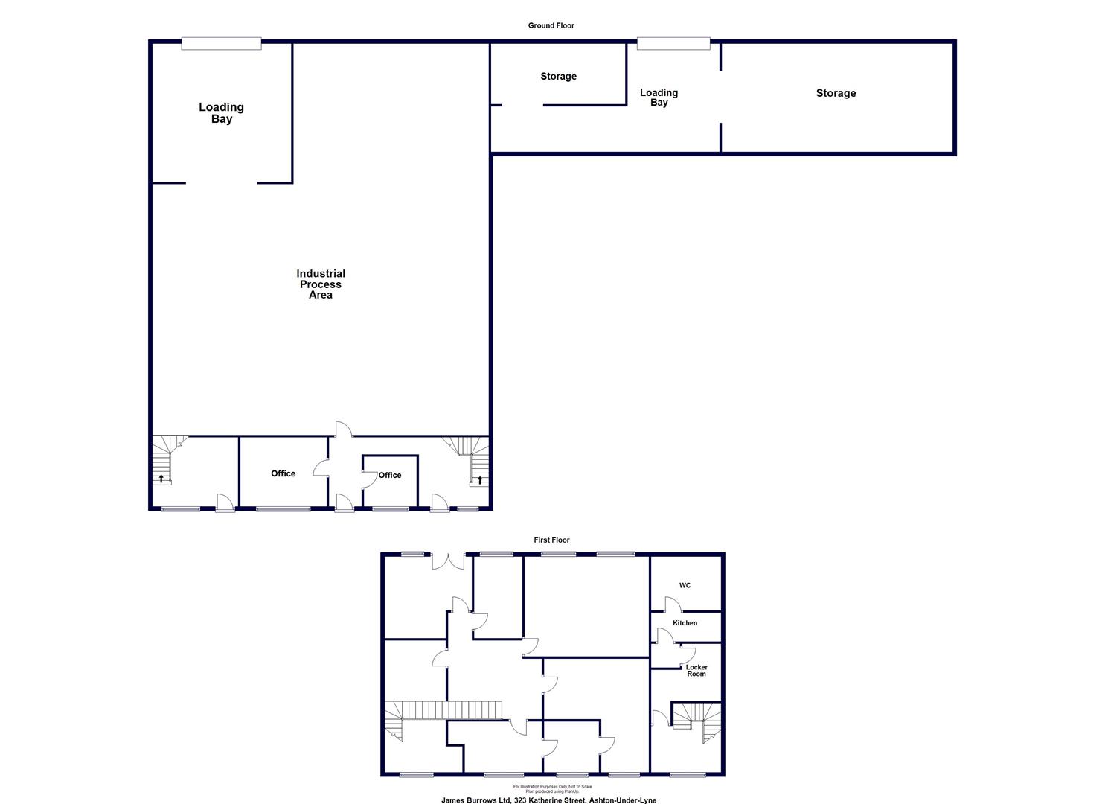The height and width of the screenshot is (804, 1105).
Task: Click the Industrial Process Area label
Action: tap(321, 284)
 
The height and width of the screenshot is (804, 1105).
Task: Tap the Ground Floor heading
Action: tap(551, 25)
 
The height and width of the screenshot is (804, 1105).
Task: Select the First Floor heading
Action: tap(551, 540)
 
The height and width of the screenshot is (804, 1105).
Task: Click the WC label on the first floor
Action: tap(685, 585)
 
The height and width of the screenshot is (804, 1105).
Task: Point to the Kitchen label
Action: tap(685, 623)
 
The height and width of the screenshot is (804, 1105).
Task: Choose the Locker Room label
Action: tap(696, 671)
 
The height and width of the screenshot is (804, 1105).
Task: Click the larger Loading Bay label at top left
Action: tap(221, 113)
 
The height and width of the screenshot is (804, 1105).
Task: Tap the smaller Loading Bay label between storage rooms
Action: tap(659, 98)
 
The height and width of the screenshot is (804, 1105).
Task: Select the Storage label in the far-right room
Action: tap(836, 93)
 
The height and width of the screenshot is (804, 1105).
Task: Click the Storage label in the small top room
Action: tap(558, 76)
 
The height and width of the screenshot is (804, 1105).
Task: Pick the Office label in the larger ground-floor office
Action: tap(283, 473)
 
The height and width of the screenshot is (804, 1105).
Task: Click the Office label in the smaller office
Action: tap(389, 475)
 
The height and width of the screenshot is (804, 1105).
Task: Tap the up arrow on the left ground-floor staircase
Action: tap(161, 478)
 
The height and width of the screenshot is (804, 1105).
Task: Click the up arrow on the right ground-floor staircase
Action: tap(480, 479)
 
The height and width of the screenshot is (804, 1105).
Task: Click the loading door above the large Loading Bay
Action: tap(221, 44)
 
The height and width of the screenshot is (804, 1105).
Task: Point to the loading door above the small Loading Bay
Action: tap(673, 44)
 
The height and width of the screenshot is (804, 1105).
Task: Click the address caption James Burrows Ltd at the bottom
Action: tap(549, 800)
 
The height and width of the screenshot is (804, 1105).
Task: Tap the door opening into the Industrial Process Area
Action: tap(343, 429)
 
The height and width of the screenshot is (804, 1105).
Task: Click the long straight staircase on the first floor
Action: tap(452, 710)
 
